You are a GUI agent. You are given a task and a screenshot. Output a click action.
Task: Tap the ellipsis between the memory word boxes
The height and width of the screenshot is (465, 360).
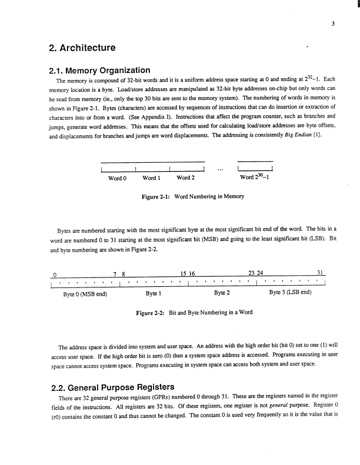221,171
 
